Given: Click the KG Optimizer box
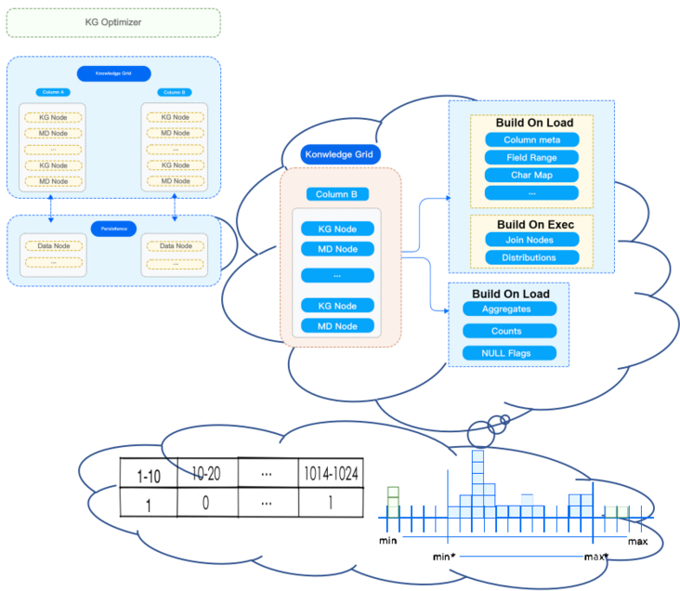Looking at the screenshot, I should click(113, 22).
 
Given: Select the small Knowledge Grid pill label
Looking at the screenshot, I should click(113, 72).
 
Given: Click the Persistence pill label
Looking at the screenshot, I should click(113, 228).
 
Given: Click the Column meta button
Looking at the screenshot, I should click(531, 139).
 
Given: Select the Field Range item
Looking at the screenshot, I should click(531, 157).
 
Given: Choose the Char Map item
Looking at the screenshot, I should click(531, 175).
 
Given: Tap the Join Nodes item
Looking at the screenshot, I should click(529, 240).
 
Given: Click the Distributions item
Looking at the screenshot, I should click(529, 257).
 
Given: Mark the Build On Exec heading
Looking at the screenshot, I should click(534, 224).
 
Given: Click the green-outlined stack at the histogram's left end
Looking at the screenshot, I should click(393, 501).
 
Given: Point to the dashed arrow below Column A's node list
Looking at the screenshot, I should click(51, 207).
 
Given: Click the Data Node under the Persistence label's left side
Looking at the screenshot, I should click(53, 246).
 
